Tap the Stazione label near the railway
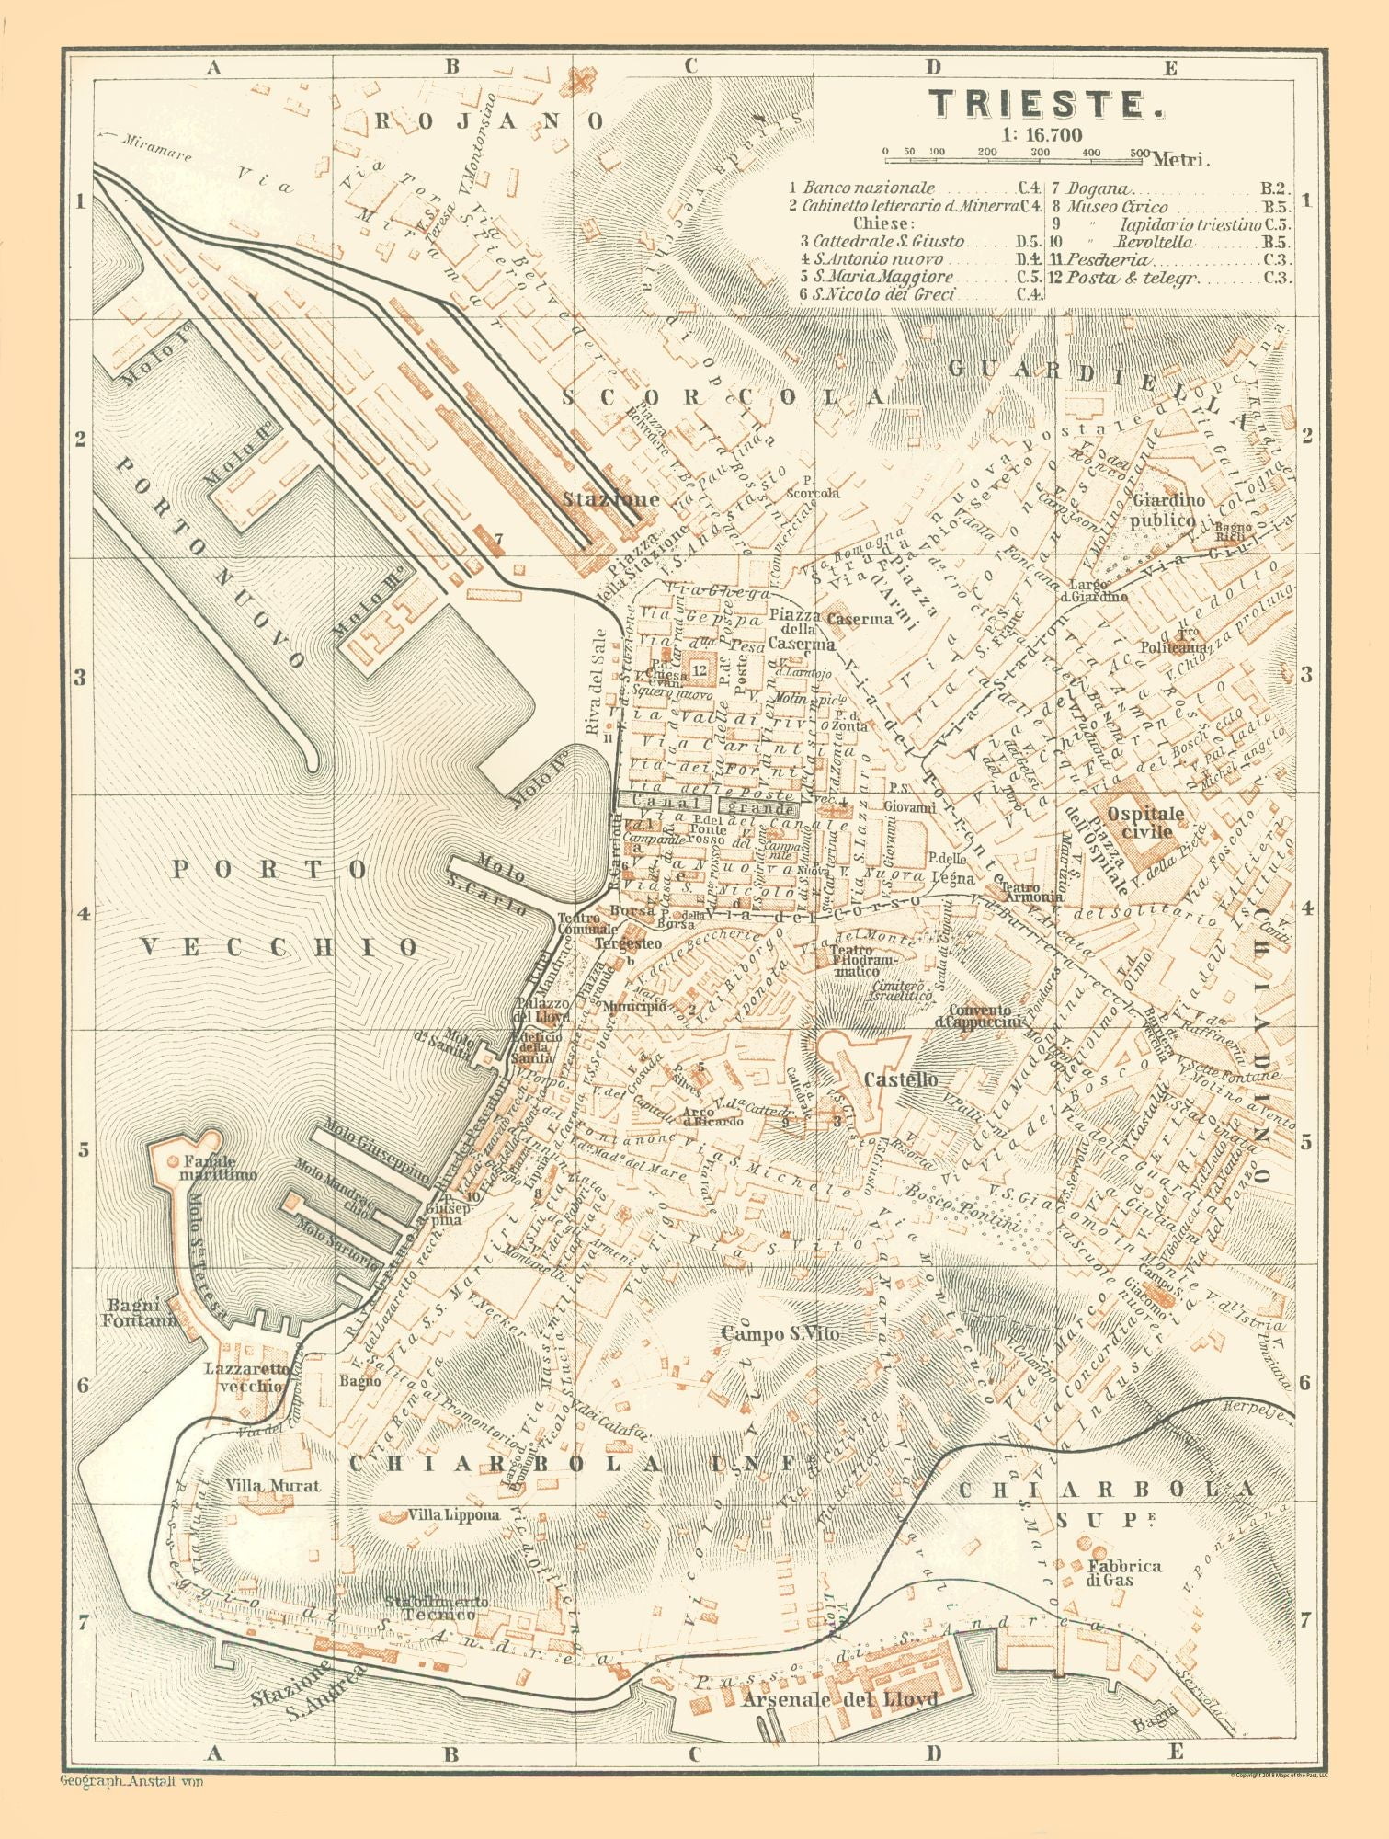(x=611, y=499)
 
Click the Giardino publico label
(x=1168, y=508)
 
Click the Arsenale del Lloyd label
(x=841, y=1698)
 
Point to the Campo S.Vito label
(x=780, y=1333)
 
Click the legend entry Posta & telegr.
(x=1137, y=277)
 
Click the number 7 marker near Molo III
(x=498, y=538)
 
